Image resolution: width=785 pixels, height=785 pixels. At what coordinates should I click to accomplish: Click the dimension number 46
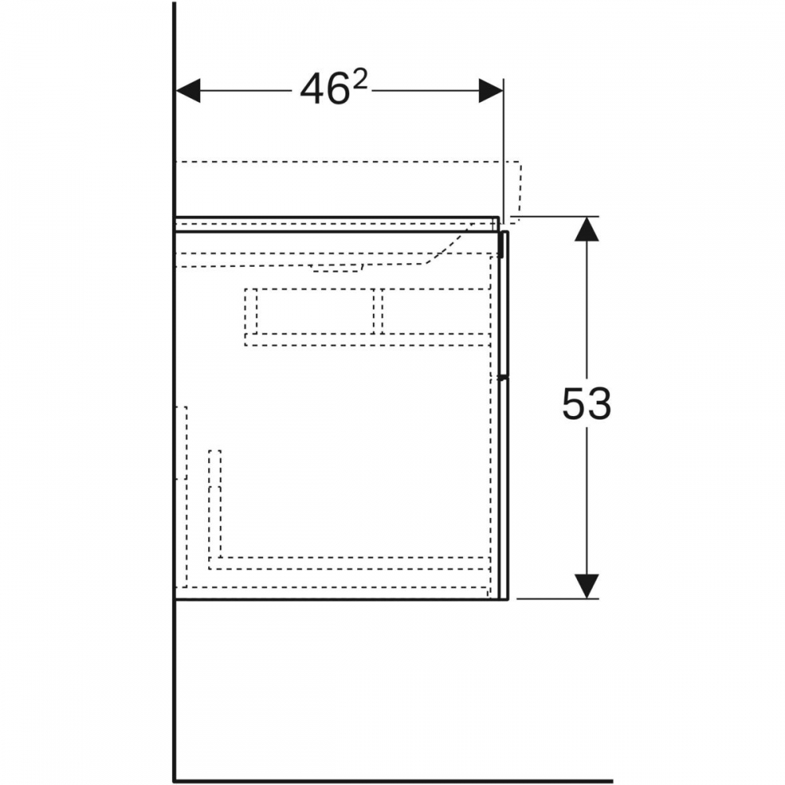click(324, 89)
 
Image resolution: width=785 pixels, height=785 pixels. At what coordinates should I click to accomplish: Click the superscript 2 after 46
click(360, 80)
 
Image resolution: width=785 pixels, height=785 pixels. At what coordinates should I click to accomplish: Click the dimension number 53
click(586, 403)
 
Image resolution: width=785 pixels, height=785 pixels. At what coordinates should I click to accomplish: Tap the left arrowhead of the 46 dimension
click(188, 90)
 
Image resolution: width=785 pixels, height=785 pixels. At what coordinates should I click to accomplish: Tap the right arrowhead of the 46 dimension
click(491, 90)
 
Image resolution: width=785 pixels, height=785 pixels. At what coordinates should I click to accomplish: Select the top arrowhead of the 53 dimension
click(586, 228)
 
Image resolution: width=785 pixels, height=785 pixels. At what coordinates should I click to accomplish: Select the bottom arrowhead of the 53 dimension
click(586, 586)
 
